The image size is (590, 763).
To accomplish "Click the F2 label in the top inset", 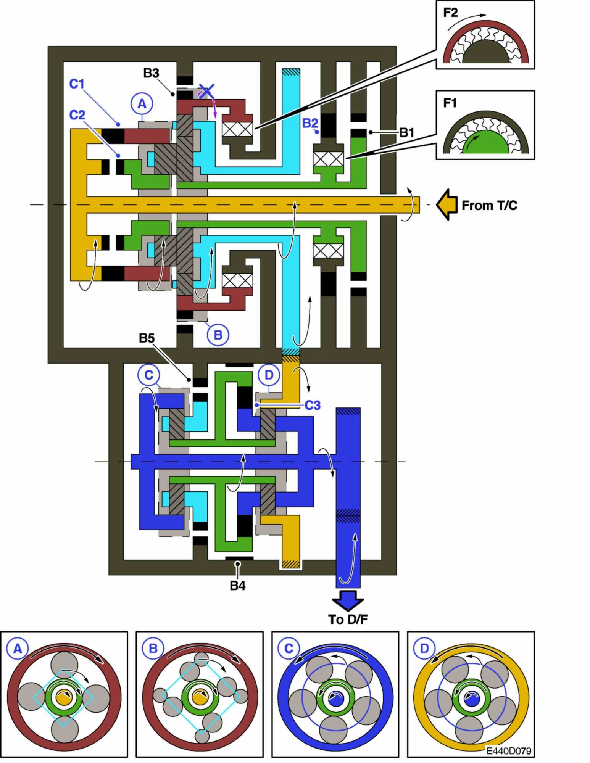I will coord(450,13).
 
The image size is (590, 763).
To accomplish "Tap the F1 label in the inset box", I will coord(450,103).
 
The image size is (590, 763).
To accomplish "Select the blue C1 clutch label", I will coord(77,84).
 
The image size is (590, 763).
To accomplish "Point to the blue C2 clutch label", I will coord(77,114).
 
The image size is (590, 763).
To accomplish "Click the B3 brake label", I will coord(151,73).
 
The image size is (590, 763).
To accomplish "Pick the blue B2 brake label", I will coord(310,123).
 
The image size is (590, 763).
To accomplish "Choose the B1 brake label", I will coord(407,132).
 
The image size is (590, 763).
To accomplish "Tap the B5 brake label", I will coord(147,338).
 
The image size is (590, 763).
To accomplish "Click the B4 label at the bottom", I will coord(237,586).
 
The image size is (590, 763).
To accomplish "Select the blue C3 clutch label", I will coord(313,405).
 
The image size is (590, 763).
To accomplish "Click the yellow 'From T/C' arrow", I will coord(447,205).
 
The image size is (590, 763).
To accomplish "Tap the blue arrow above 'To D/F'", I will coord(348,601).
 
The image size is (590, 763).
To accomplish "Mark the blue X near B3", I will coord(206,91).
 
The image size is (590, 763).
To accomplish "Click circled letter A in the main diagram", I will coord(142,103).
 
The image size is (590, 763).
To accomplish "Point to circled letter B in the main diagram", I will coord(218,335).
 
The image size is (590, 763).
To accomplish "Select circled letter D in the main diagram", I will coord(269,375).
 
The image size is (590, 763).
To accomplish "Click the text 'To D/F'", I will coord(348,620).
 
